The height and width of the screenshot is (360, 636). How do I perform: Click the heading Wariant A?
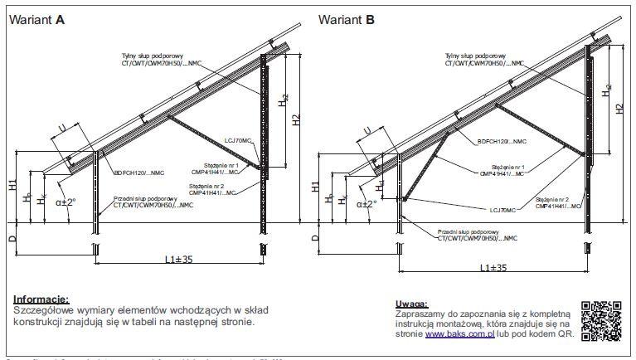point(36,22)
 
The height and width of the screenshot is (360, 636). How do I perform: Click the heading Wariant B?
point(347,22)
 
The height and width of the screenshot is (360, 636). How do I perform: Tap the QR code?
point(601,319)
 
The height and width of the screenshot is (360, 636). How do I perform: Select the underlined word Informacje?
point(41,299)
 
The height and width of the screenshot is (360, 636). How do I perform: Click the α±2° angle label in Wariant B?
point(366,202)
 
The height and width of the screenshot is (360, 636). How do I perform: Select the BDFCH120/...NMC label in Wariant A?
point(138,174)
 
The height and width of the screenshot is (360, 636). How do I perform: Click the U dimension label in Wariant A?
point(62,127)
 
